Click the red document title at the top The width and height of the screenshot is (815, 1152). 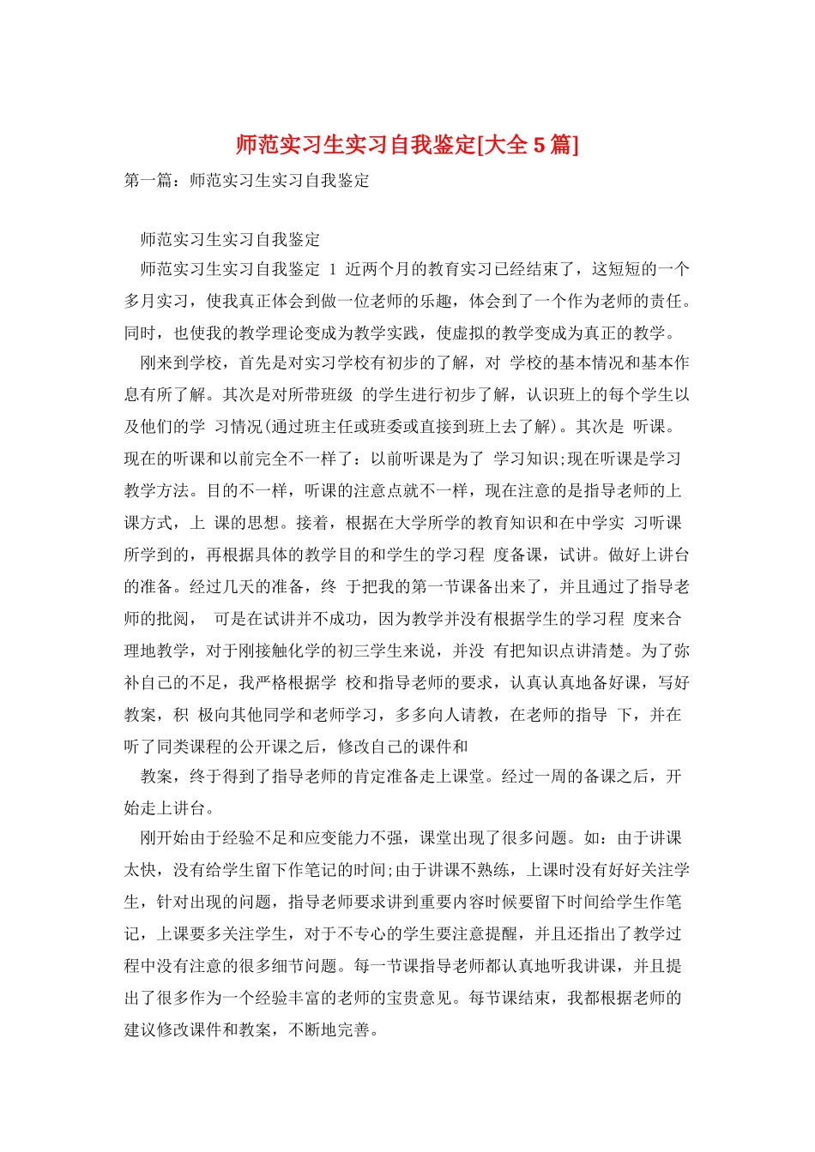coord(407,145)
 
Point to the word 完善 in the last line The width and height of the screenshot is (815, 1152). coord(354,1029)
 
